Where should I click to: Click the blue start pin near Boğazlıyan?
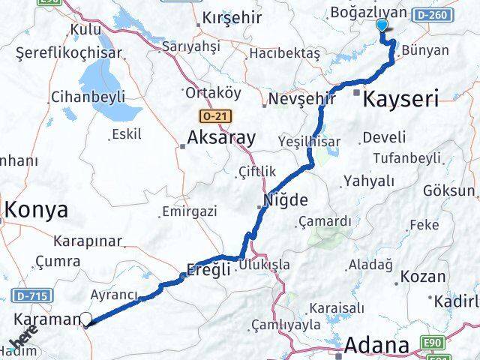[x=382, y=25]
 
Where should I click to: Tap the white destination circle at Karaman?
[x=86, y=320]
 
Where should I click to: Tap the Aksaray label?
[x=221, y=138]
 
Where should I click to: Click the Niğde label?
[x=285, y=200]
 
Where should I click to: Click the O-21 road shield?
[x=215, y=116]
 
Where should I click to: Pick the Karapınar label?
[x=88, y=241]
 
